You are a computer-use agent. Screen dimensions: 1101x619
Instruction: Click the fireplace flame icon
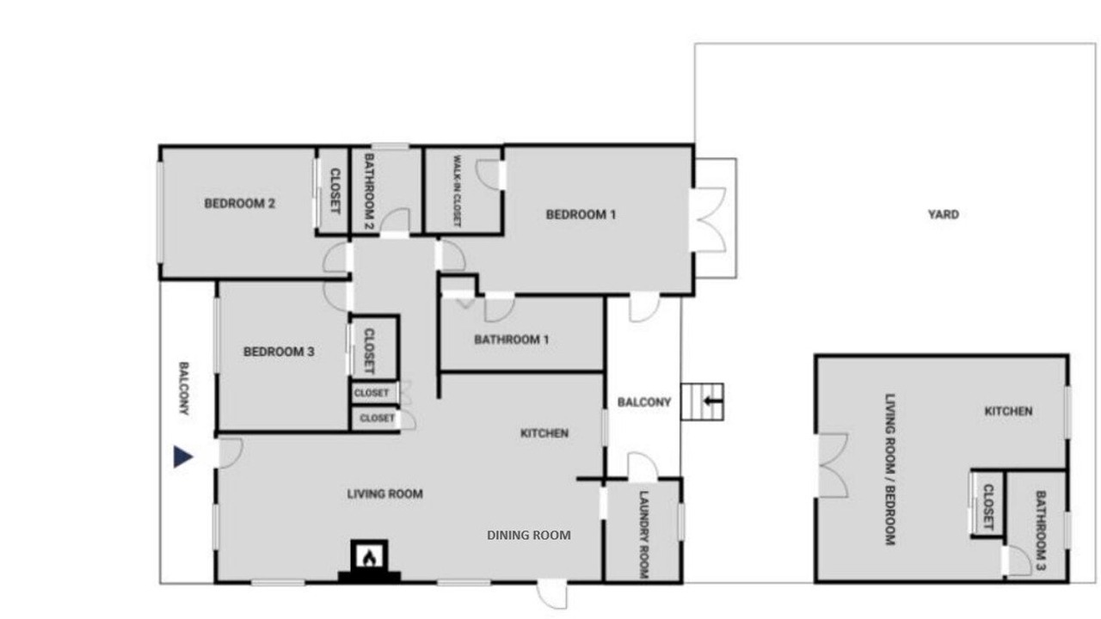pos(369,557)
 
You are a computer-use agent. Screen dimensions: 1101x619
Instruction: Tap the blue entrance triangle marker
pos(183,457)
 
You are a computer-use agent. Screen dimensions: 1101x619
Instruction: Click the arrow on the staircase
pos(712,401)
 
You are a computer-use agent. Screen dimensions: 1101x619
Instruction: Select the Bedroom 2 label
pos(239,204)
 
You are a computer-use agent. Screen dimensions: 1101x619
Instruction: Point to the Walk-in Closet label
pos(457,191)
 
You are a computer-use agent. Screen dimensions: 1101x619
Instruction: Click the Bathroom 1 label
pos(511,340)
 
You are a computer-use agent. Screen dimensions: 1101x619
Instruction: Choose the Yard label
pos(944,214)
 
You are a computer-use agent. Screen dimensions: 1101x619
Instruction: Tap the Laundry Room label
pos(643,535)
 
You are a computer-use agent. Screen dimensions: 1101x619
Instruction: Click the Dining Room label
pos(529,535)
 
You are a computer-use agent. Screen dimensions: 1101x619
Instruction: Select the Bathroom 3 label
pos(1041,530)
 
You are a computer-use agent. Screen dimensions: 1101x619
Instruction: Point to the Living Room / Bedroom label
pos(890,469)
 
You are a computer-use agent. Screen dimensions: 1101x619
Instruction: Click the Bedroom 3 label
pos(279,352)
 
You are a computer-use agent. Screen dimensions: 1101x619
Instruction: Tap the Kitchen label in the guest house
pos(1008,411)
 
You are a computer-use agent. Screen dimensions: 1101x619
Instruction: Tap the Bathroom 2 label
pos(369,192)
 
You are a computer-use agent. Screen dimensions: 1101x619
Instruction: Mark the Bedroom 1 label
pos(581,215)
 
